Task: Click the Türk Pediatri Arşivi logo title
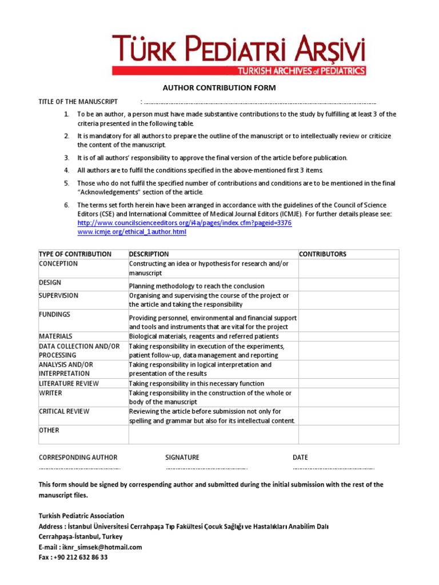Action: pos(238,48)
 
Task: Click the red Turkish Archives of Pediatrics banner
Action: pos(301,71)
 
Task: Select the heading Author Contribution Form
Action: pos(219,88)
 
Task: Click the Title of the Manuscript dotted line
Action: pos(260,102)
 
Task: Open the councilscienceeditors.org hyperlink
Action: pos(184,223)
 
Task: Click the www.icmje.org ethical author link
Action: pos(131,232)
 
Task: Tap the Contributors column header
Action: pos(323,254)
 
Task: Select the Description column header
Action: pos(149,254)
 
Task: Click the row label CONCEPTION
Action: pos(58,264)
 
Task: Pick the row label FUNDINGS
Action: pos(55,315)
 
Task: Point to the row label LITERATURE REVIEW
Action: pos(69,383)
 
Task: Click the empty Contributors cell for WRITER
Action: pos(348,398)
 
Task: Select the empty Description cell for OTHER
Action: pos(213,435)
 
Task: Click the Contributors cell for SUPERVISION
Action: pos(348,300)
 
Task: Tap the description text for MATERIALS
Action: pos(204,336)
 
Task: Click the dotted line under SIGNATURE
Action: pos(206,468)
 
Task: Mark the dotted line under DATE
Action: pos(333,468)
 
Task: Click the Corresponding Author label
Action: pos(78,458)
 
